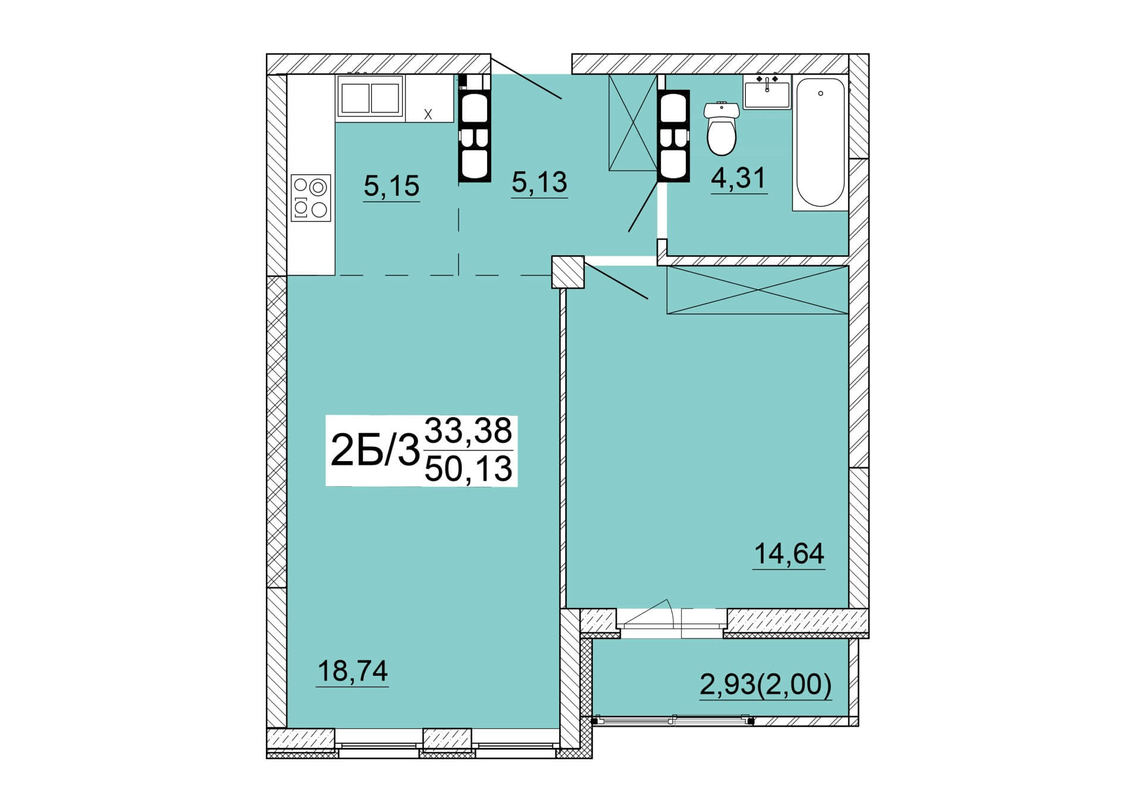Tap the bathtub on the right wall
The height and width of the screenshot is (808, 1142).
click(820, 143)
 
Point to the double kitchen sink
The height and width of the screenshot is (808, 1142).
click(370, 98)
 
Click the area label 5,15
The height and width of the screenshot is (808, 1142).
click(391, 186)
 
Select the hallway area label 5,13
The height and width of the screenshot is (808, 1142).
click(539, 182)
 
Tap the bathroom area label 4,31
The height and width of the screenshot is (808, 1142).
click(739, 178)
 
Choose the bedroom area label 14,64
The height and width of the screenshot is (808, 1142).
click(789, 554)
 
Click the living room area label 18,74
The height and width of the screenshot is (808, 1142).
click(353, 671)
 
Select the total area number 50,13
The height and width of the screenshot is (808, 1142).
click(469, 469)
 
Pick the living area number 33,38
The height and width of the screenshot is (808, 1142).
click(468, 431)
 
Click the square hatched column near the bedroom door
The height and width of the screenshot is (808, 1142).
click(568, 272)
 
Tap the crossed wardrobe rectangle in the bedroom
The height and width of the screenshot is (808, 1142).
click(757, 290)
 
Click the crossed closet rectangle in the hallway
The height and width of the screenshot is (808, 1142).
click(633, 123)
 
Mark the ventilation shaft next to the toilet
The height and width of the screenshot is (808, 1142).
click(673, 135)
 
